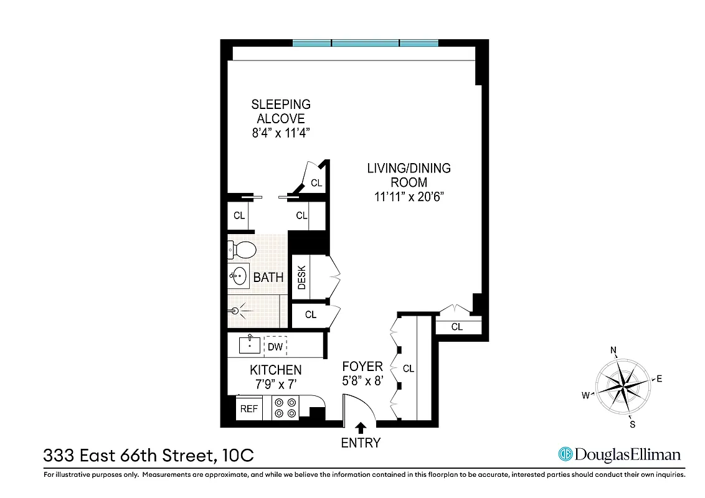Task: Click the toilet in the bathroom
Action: pos(243,250)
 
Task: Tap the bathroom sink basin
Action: pos(239,276)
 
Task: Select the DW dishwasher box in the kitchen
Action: pos(275,345)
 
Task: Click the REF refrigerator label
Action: pos(249,409)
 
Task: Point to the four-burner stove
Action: pos(285,408)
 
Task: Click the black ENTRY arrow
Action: pos(360,427)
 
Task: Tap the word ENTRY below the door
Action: pos(360,443)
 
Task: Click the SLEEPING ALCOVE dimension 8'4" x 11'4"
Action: pos(280,133)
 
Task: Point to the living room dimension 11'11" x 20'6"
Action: pos(409,197)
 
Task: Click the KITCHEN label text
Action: pos(276,370)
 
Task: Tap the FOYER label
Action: pos(362,367)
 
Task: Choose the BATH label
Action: pos(268,278)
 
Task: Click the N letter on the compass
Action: pos(613,350)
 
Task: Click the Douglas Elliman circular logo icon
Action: pos(565,454)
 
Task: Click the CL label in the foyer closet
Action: pos(409,369)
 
